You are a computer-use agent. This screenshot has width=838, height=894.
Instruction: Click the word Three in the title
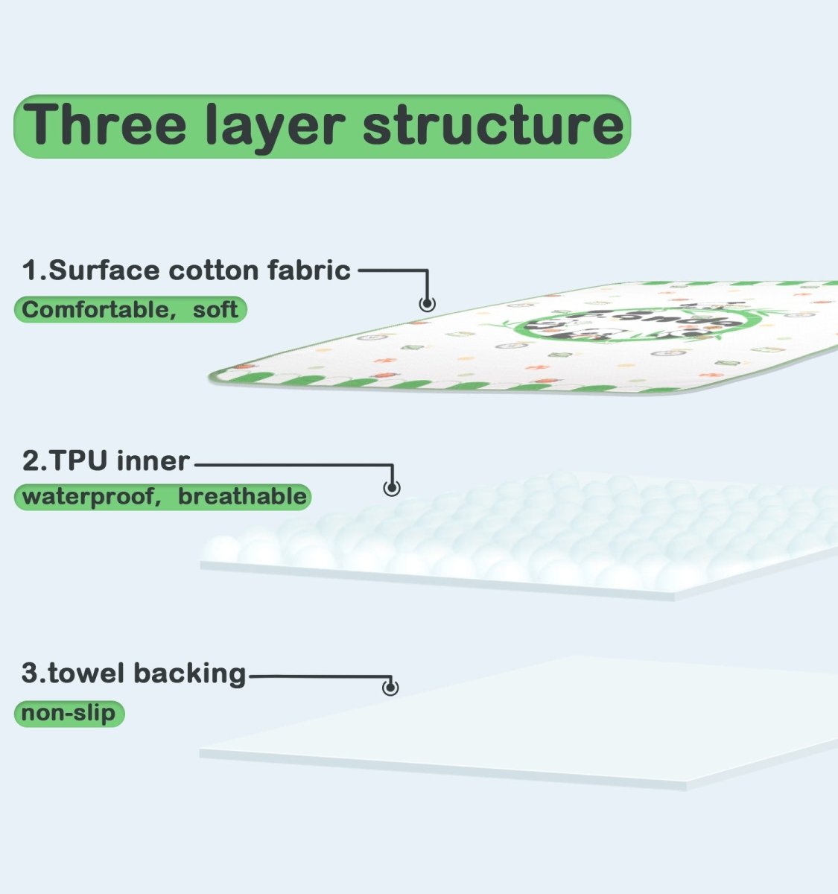pyautogui.click(x=104, y=124)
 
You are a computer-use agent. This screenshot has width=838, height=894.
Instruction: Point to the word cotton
pyautogui.click(x=214, y=271)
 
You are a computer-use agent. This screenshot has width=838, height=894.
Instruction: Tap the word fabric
pyautogui.click(x=309, y=270)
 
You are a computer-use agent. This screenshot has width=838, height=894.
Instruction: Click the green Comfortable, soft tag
pyautogui.click(x=130, y=310)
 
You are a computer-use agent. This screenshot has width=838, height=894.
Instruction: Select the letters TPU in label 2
pyautogui.click(x=78, y=461)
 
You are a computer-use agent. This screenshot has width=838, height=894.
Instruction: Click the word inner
pyautogui.click(x=153, y=461)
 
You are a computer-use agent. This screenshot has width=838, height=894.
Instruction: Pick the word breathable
pyautogui.click(x=242, y=496)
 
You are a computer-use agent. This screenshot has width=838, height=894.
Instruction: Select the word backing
pyautogui.click(x=190, y=675)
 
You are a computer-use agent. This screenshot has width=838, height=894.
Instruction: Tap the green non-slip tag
pyautogui.click(x=69, y=714)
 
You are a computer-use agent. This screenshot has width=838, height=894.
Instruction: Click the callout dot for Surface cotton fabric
pyautogui.click(x=428, y=304)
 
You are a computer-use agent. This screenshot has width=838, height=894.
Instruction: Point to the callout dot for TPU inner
pyautogui.click(x=392, y=487)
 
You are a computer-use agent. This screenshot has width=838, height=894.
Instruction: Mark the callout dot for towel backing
pyautogui.click(x=390, y=688)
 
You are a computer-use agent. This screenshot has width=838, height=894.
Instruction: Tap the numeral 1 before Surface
pyautogui.click(x=31, y=270)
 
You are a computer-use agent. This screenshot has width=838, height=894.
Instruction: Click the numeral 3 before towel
pyautogui.click(x=31, y=673)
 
